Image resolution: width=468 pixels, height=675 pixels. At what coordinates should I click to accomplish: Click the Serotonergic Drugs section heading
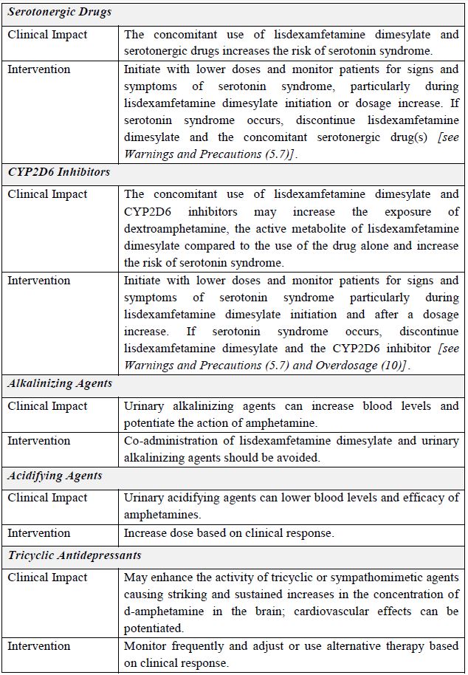[60, 13]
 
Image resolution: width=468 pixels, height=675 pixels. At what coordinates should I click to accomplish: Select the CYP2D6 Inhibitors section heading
[59, 172]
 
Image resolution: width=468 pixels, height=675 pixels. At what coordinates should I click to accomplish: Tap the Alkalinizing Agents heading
[60, 383]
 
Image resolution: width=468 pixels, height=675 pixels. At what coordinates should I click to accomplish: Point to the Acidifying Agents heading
[55, 476]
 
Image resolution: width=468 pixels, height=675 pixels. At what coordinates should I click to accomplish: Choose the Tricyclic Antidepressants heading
[75, 555]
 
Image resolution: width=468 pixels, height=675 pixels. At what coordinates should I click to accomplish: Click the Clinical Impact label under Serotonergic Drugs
[47, 34]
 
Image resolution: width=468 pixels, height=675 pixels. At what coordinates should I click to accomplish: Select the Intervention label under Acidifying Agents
[39, 532]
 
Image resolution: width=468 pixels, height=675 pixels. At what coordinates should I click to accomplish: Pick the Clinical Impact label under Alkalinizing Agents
[47, 405]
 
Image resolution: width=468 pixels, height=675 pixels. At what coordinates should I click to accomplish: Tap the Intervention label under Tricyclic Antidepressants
[39, 645]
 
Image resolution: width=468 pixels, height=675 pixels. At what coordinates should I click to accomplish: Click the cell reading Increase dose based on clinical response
[229, 532]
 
